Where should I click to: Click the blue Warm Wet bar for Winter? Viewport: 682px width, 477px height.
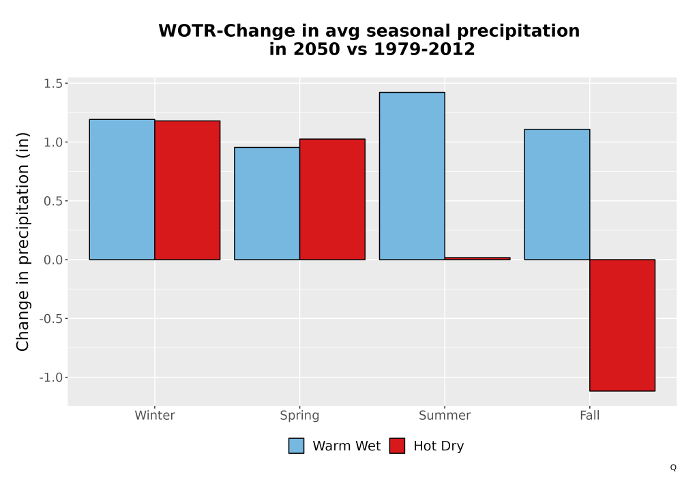tap(122, 189)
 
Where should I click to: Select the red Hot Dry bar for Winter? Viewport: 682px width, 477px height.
tap(188, 190)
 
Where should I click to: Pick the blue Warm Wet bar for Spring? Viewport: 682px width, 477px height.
tap(267, 203)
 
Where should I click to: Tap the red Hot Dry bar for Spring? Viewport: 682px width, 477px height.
tap(332, 200)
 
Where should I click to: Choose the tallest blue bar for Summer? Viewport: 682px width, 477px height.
tap(412, 176)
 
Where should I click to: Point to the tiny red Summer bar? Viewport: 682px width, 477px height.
tap(477, 258)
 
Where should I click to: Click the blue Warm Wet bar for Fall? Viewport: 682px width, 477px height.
tap(557, 194)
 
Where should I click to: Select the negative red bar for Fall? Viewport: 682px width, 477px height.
tap(623, 326)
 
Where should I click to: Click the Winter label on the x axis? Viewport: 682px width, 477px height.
tap(155, 415)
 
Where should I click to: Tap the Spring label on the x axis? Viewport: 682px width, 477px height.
tap(299, 416)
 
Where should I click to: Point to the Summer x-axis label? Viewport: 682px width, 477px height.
tap(445, 415)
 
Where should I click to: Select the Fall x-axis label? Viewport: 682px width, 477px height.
tap(590, 415)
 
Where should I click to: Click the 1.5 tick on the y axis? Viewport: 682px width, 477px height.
tap(53, 83)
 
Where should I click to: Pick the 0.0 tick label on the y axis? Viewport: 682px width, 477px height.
tap(53, 260)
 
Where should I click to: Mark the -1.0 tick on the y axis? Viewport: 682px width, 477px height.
tap(51, 378)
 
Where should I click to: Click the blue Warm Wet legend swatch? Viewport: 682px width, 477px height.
tap(296, 446)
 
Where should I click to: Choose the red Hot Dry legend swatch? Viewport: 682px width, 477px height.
tap(397, 446)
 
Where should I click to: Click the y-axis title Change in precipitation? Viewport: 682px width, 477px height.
tap(23, 241)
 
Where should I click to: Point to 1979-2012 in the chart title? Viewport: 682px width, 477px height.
tap(424, 49)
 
